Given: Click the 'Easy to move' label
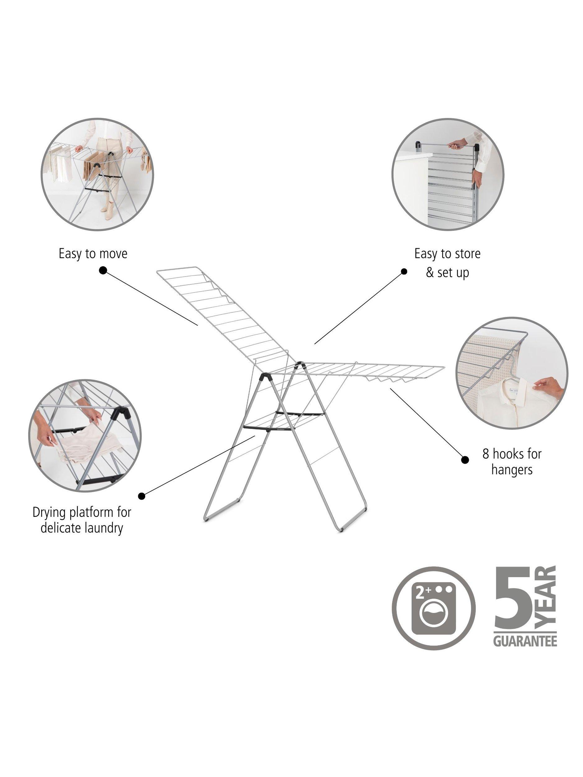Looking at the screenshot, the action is click(93, 254).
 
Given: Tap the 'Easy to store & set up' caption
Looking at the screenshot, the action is click(447, 264).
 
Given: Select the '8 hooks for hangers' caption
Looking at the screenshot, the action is click(512, 462).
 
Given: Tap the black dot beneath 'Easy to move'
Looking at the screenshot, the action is click(103, 270).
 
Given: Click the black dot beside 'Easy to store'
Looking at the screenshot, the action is click(404, 272).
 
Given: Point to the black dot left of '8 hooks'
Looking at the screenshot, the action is click(465, 460).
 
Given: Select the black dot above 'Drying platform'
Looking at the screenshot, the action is click(141, 496).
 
